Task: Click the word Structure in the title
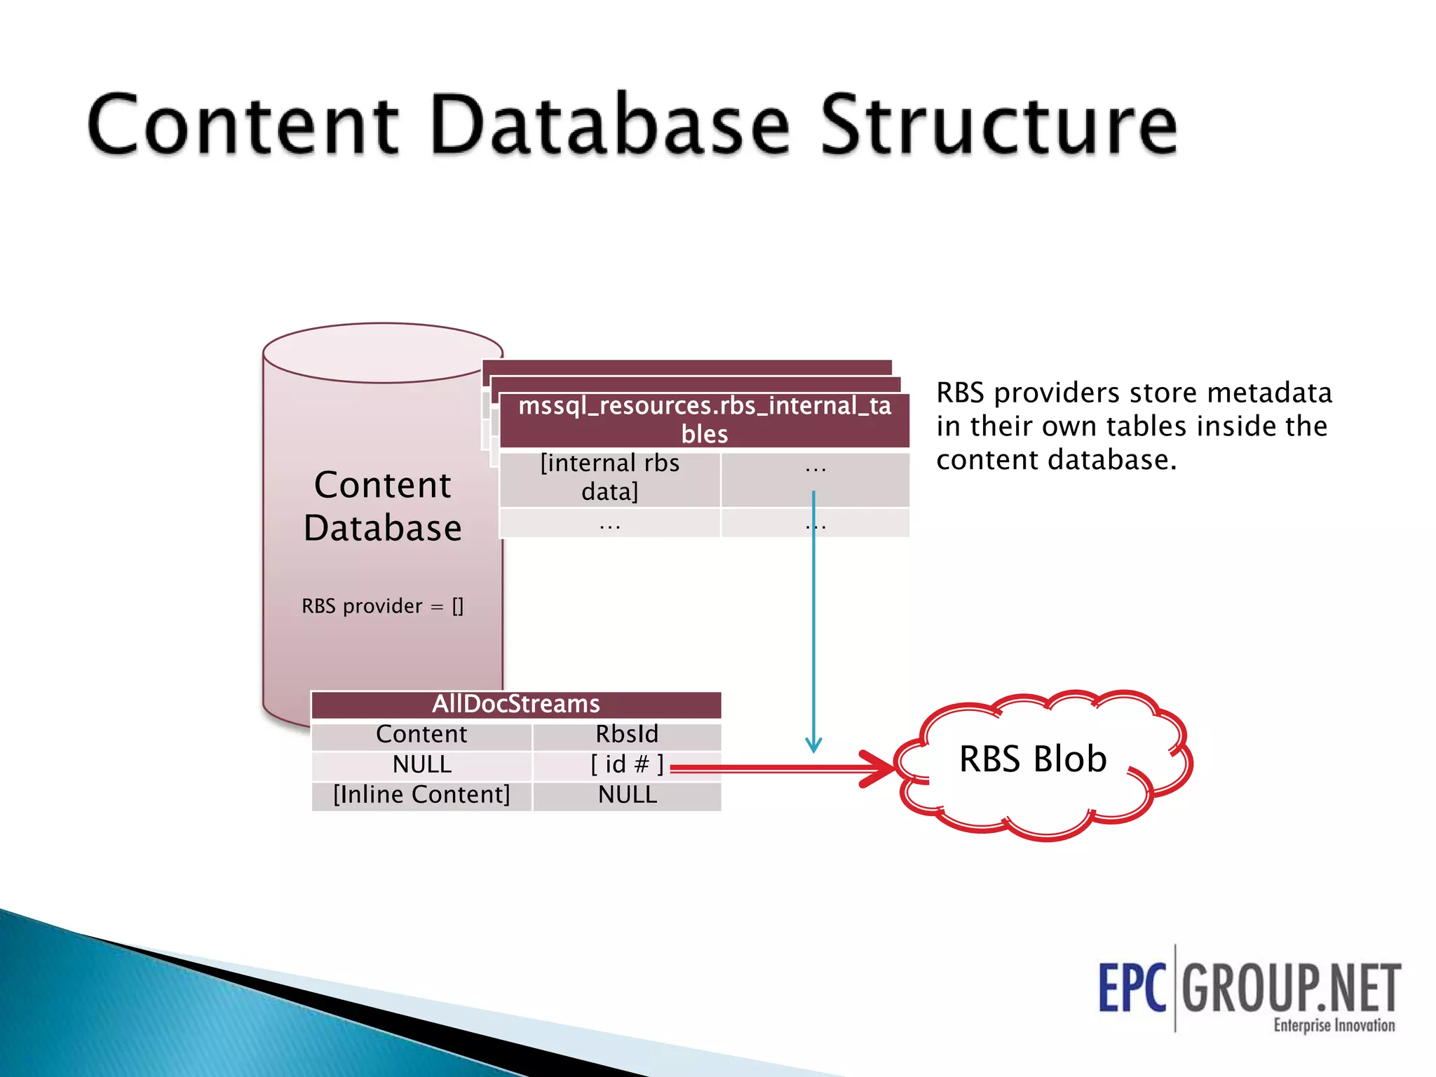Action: point(998,126)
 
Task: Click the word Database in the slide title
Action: point(610,126)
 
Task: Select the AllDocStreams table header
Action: point(516,704)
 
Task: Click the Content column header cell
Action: point(421,734)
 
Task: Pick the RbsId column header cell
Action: point(627,734)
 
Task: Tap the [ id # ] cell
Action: point(626,764)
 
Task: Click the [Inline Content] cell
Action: point(421,795)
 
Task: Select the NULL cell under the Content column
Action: point(421,764)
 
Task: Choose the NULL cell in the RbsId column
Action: point(627,795)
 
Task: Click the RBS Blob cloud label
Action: point(1033,759)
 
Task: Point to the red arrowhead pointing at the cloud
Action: point(880,768)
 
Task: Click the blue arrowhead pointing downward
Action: point(813,745)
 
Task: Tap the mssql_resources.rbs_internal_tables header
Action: point(704,419)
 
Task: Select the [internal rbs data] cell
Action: point(609,477)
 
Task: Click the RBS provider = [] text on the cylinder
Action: point(383,606)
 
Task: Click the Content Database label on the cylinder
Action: point(383,506)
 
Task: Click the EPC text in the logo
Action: point(1132,988)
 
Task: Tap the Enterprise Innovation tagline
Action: point(1334,1025)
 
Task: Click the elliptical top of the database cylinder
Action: point(383,353)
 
